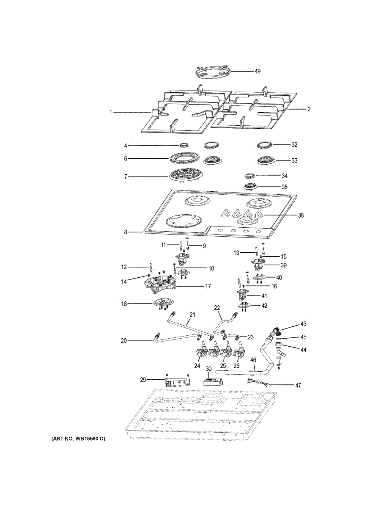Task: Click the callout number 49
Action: (257, 71)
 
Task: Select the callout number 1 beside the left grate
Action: (111, 112)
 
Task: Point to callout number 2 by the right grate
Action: (309, 109)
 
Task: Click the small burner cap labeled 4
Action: (184, 145)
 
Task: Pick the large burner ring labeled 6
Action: (185, 160)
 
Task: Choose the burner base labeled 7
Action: (184, 176)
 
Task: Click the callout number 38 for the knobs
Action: (301, 215)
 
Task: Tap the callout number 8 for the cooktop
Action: (126, 232)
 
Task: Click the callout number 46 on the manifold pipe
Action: (253, 360)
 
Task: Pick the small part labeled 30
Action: (212, 381)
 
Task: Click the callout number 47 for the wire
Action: (299, 385)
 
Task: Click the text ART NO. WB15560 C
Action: (78, 439)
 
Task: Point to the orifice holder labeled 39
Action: (257, 265)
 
